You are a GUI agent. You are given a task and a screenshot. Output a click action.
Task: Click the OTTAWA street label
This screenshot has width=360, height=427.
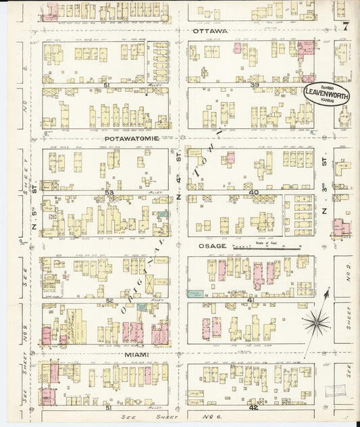tap(210, 31)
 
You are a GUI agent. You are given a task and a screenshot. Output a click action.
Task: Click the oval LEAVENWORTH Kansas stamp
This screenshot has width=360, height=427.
tap(326, 94)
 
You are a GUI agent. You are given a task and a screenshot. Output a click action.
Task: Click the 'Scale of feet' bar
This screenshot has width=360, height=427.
tap(267, 249)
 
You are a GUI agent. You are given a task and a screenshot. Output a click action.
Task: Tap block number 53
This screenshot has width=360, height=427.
tap(109, 193)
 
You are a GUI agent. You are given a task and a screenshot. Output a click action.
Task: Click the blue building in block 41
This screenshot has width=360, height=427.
tap(195, 293)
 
